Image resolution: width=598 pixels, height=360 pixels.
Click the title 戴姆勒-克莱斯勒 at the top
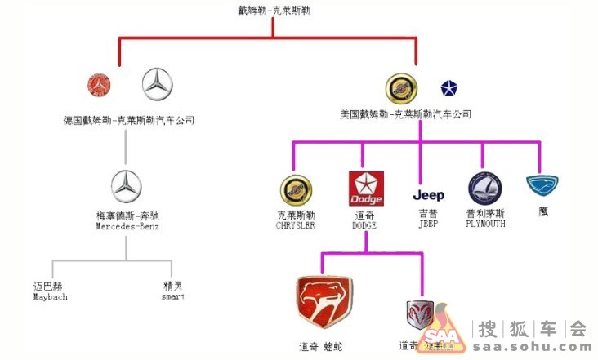[x=274, y=11]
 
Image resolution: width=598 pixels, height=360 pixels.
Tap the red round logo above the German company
[x=99, y=84]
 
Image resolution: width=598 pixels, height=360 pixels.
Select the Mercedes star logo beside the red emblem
[x=158, y=84]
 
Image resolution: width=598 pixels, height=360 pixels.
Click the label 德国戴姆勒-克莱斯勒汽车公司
[x=129, y=120]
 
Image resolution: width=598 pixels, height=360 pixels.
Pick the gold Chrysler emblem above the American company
[x=401, y=88]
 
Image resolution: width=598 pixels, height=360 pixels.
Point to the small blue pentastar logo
[x=449, y=88]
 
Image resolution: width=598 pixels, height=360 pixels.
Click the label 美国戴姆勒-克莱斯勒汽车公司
[x=406, y=114]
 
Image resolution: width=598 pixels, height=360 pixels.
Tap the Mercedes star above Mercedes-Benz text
[x=126, y=187]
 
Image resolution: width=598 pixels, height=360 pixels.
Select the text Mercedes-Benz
[x=126, y=226]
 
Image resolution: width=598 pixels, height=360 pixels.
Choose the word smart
[x=173, y=297]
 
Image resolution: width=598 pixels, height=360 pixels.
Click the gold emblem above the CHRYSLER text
[x=296, y=190]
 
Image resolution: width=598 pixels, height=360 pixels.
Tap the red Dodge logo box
[x=365, y=189]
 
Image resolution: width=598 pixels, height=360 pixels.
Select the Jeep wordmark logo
[x=429, y=196]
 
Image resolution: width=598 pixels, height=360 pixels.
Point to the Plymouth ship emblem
[x=485, y=189]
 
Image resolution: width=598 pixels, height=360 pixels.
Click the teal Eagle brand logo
[x=543, y=186]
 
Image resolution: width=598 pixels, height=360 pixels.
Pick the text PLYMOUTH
[x=485, y=224]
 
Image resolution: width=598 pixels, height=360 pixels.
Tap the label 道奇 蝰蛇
[x=320, y=347]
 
